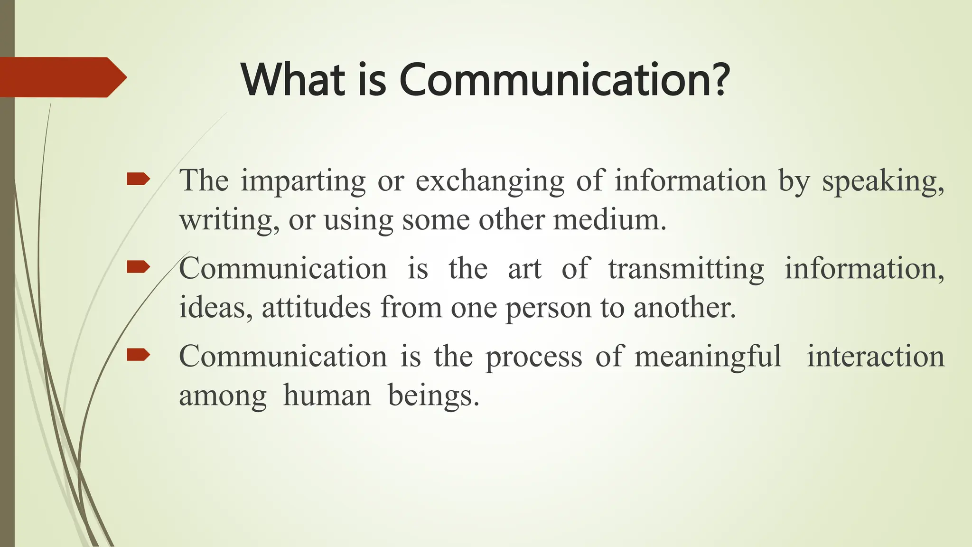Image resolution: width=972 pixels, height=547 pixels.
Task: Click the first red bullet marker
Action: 138,179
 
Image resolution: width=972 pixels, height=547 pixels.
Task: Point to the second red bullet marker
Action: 138,267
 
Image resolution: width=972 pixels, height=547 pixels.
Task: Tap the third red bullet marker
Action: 138,354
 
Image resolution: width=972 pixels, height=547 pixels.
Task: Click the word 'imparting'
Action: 303,181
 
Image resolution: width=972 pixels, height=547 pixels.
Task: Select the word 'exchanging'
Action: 490,181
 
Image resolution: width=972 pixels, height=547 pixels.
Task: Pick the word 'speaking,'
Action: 883,181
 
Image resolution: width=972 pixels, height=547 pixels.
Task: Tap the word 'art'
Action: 524,269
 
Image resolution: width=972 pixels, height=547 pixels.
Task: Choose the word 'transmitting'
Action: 686,269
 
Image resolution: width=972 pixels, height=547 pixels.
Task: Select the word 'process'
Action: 533,357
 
